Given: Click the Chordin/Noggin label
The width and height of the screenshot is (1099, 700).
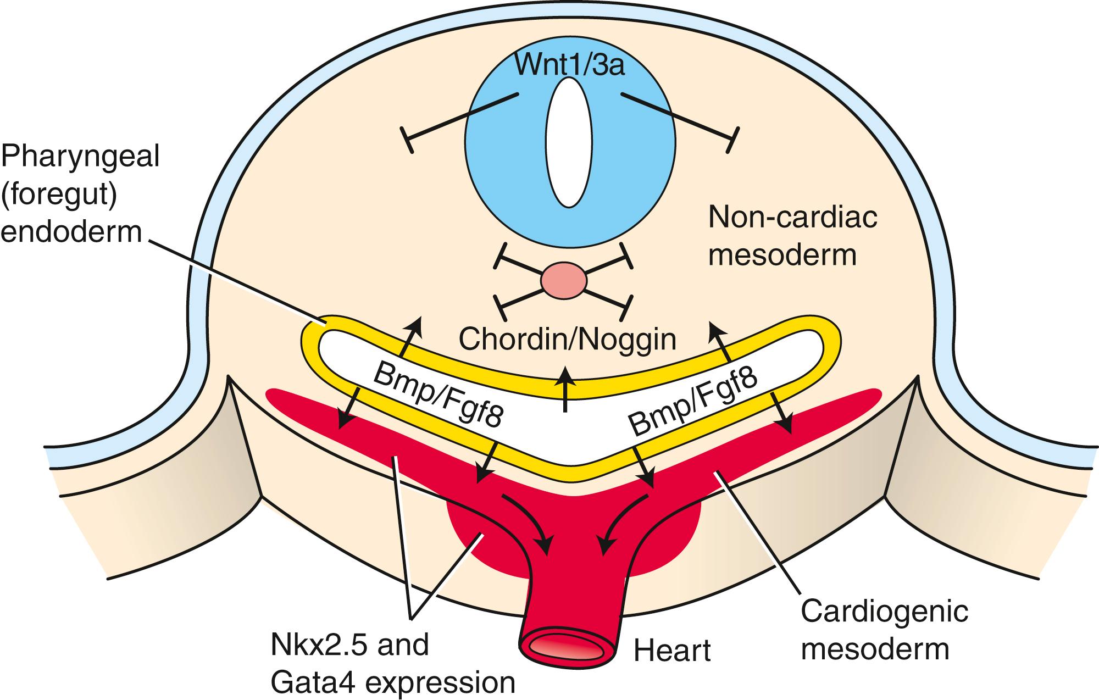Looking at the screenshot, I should [567, 340].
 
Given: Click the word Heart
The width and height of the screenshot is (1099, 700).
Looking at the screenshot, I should [672, 652].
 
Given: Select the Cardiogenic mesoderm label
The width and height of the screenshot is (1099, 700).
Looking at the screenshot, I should [884, 630].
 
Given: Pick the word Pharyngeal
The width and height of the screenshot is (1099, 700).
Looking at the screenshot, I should [80, 158].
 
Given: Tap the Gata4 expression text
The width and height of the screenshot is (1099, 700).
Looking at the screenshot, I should [393, 683].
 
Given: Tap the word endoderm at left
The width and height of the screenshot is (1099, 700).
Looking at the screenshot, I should [71, 232].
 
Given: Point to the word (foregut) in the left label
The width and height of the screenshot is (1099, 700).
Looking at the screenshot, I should [59, 195].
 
